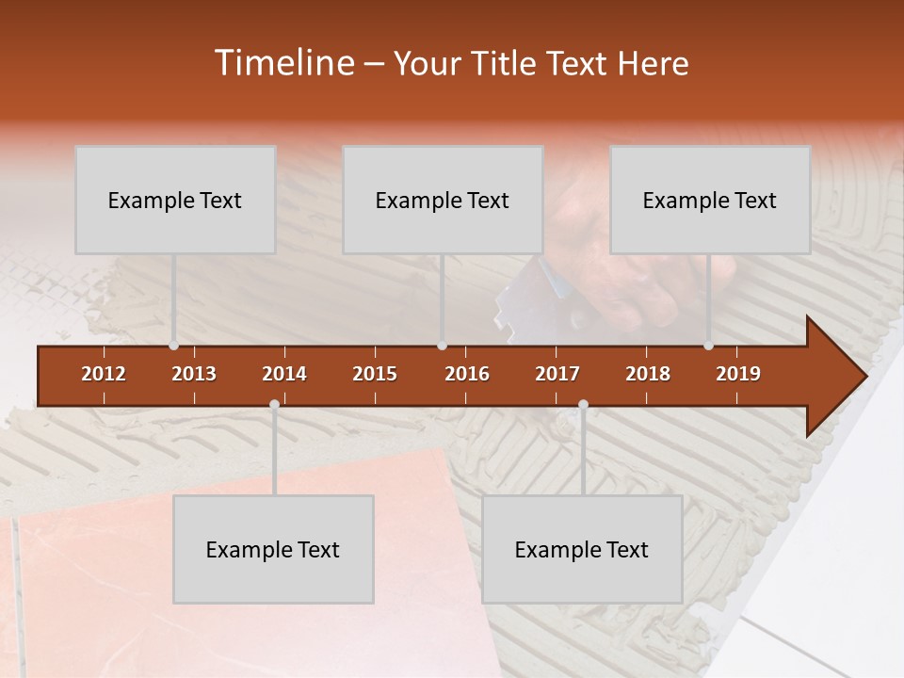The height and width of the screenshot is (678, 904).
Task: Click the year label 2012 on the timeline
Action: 104,374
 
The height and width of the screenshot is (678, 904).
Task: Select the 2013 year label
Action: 194,374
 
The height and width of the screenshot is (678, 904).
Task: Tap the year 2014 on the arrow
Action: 284,374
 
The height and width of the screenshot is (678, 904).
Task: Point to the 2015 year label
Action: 375,374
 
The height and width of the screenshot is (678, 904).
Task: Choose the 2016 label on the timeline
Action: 467,374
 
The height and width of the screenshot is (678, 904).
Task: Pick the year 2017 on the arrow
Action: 557,374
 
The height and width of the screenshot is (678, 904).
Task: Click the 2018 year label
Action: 648,374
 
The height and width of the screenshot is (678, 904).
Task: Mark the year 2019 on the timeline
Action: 738,374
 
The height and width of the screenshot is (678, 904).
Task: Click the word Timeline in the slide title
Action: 282,63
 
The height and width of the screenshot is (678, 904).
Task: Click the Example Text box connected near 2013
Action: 175,200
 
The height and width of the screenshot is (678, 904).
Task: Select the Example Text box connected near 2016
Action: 443,200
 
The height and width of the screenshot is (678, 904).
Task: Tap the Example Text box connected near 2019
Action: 710,200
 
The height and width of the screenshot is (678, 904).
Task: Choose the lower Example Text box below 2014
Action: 273,549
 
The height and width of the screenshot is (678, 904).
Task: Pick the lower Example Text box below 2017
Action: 582,549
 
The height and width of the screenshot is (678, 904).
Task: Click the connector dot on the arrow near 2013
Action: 174,346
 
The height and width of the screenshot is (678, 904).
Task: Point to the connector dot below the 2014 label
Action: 274,405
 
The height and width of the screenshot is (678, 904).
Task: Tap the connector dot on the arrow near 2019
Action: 709,346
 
